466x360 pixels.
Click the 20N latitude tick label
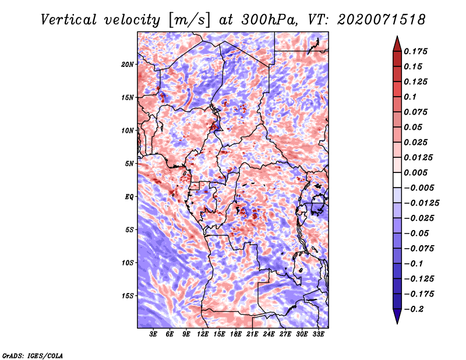click(x=128, y=65)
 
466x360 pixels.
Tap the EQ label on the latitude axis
click(x=129, y=197)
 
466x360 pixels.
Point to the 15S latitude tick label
click(x=128, y=296)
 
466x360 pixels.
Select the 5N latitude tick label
click(x=129, y=164)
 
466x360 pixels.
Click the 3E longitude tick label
click(x=153, y=334)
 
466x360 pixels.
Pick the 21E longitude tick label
click(x=252, y=334)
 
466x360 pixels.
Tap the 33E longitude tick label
click(x=318, y=334)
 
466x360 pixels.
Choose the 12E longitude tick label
click(x=203, y=334)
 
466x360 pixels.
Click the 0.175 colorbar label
click(x=415, y=51)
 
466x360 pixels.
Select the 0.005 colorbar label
click(x=415, y=172)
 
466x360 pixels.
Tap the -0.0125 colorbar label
click(x=421, y=203)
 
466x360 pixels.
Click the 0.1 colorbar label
click(x=410, y=97)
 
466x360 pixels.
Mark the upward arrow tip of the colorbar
click(x=397, y=36)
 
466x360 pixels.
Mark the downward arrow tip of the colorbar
click(x=397, y=323)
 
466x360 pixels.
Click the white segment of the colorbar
click(x=397, y=180)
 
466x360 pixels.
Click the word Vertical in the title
click(x=69, y=20)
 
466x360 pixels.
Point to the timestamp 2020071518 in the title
click(x=382, y=20)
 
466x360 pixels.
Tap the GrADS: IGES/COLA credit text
click(x=32, y=356)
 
